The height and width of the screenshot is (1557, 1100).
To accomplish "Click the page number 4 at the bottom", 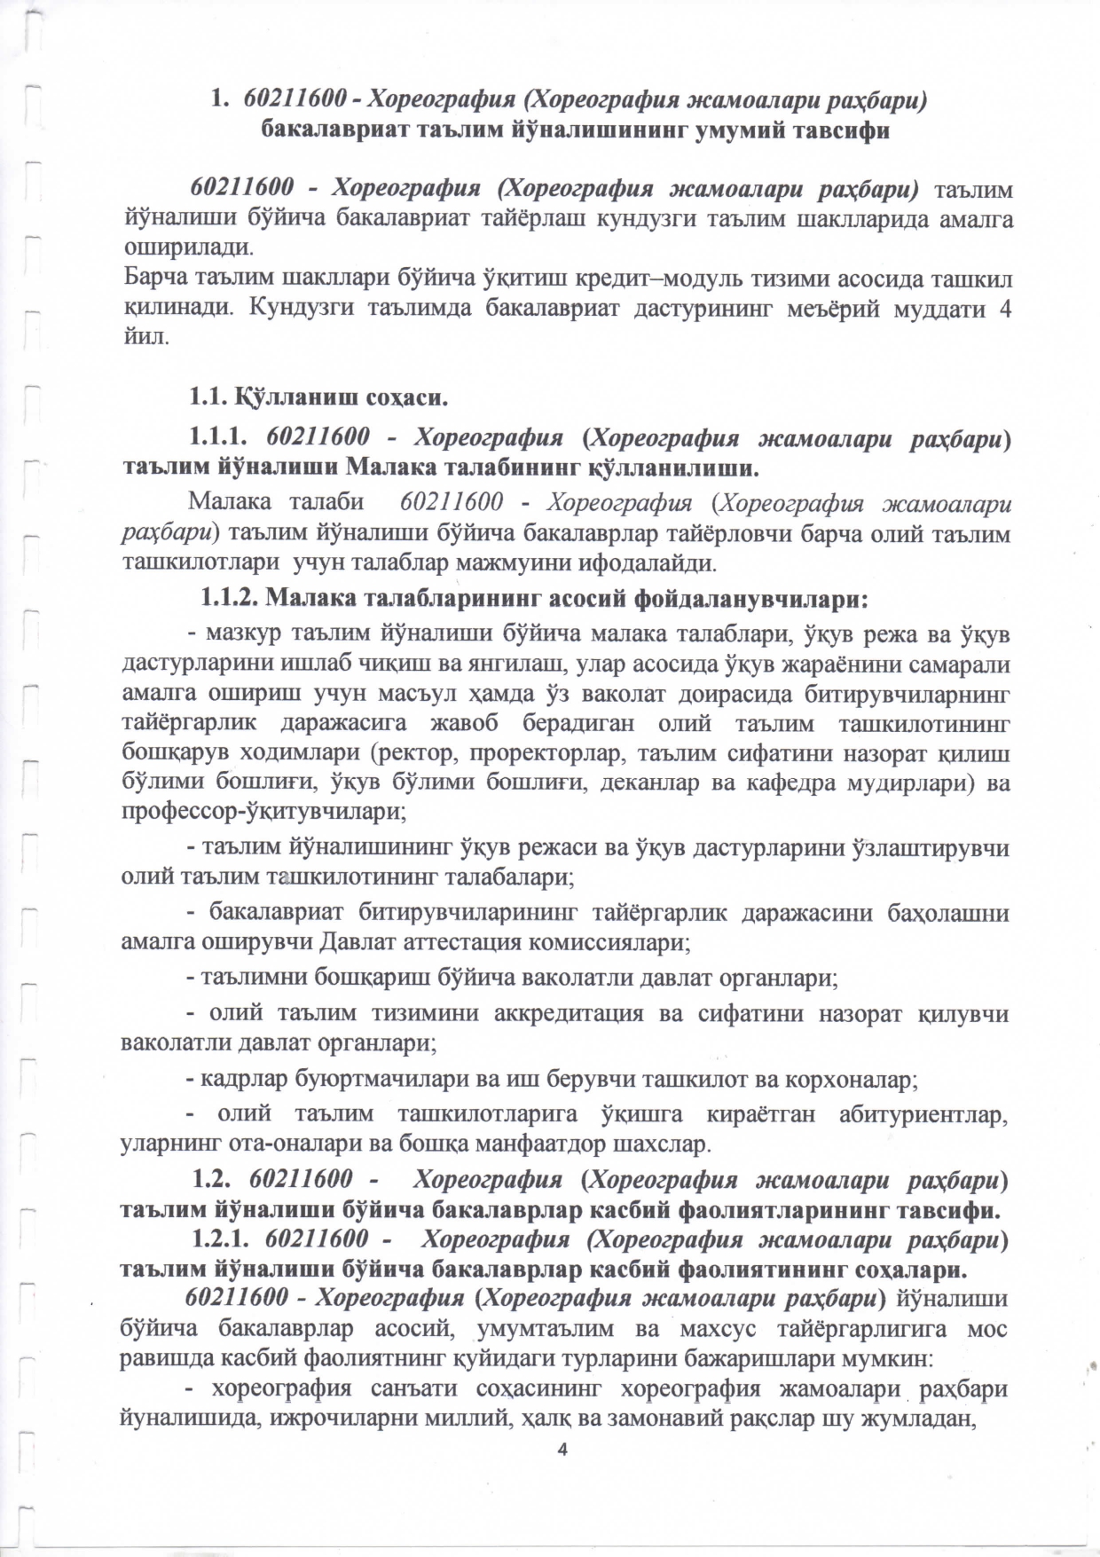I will pos(560,1449).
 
